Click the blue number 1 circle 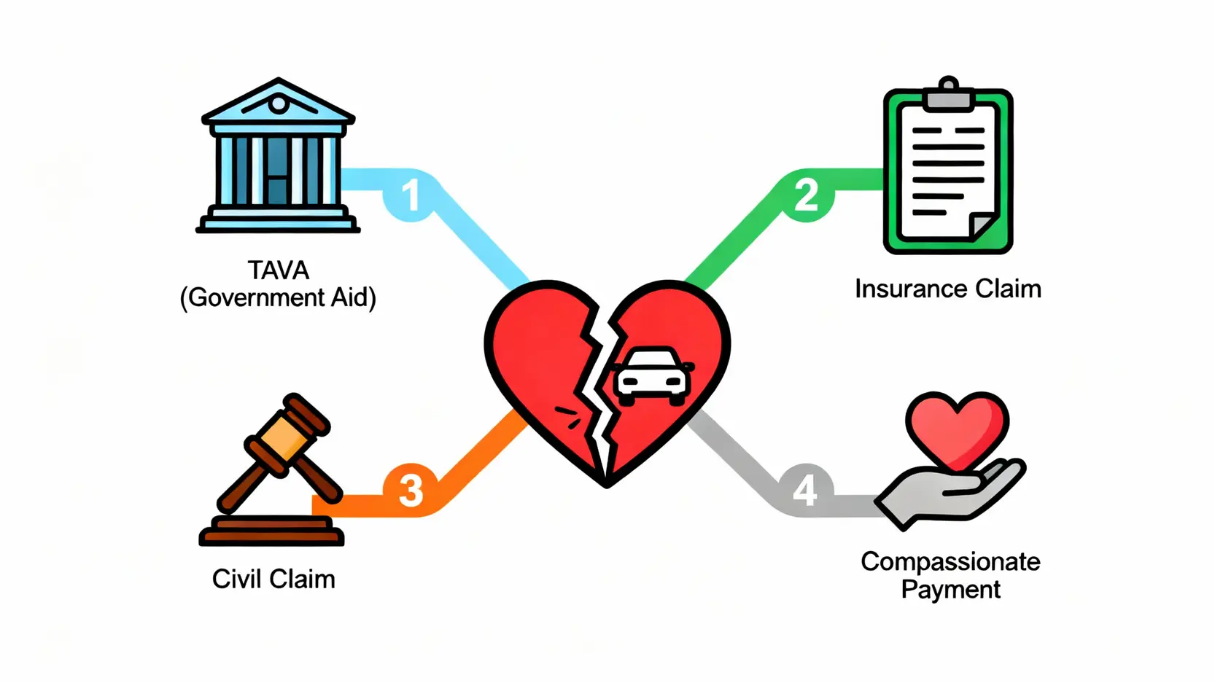411,195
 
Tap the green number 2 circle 806,195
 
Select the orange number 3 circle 411,490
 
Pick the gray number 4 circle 805,490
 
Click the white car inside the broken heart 652,375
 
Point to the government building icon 278,157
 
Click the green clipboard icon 947,171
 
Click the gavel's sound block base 271,531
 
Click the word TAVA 278,270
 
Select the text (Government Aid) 278,297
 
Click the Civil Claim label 273,579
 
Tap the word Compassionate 950,561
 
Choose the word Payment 950,589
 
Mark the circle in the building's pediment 278,104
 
